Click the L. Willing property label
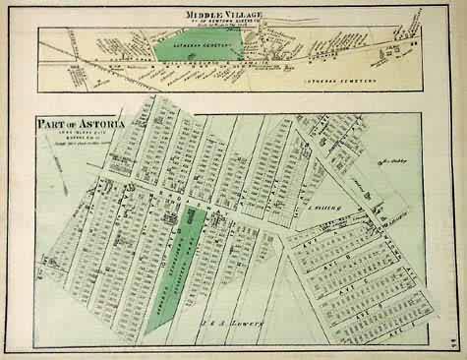(x=326, y=209)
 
